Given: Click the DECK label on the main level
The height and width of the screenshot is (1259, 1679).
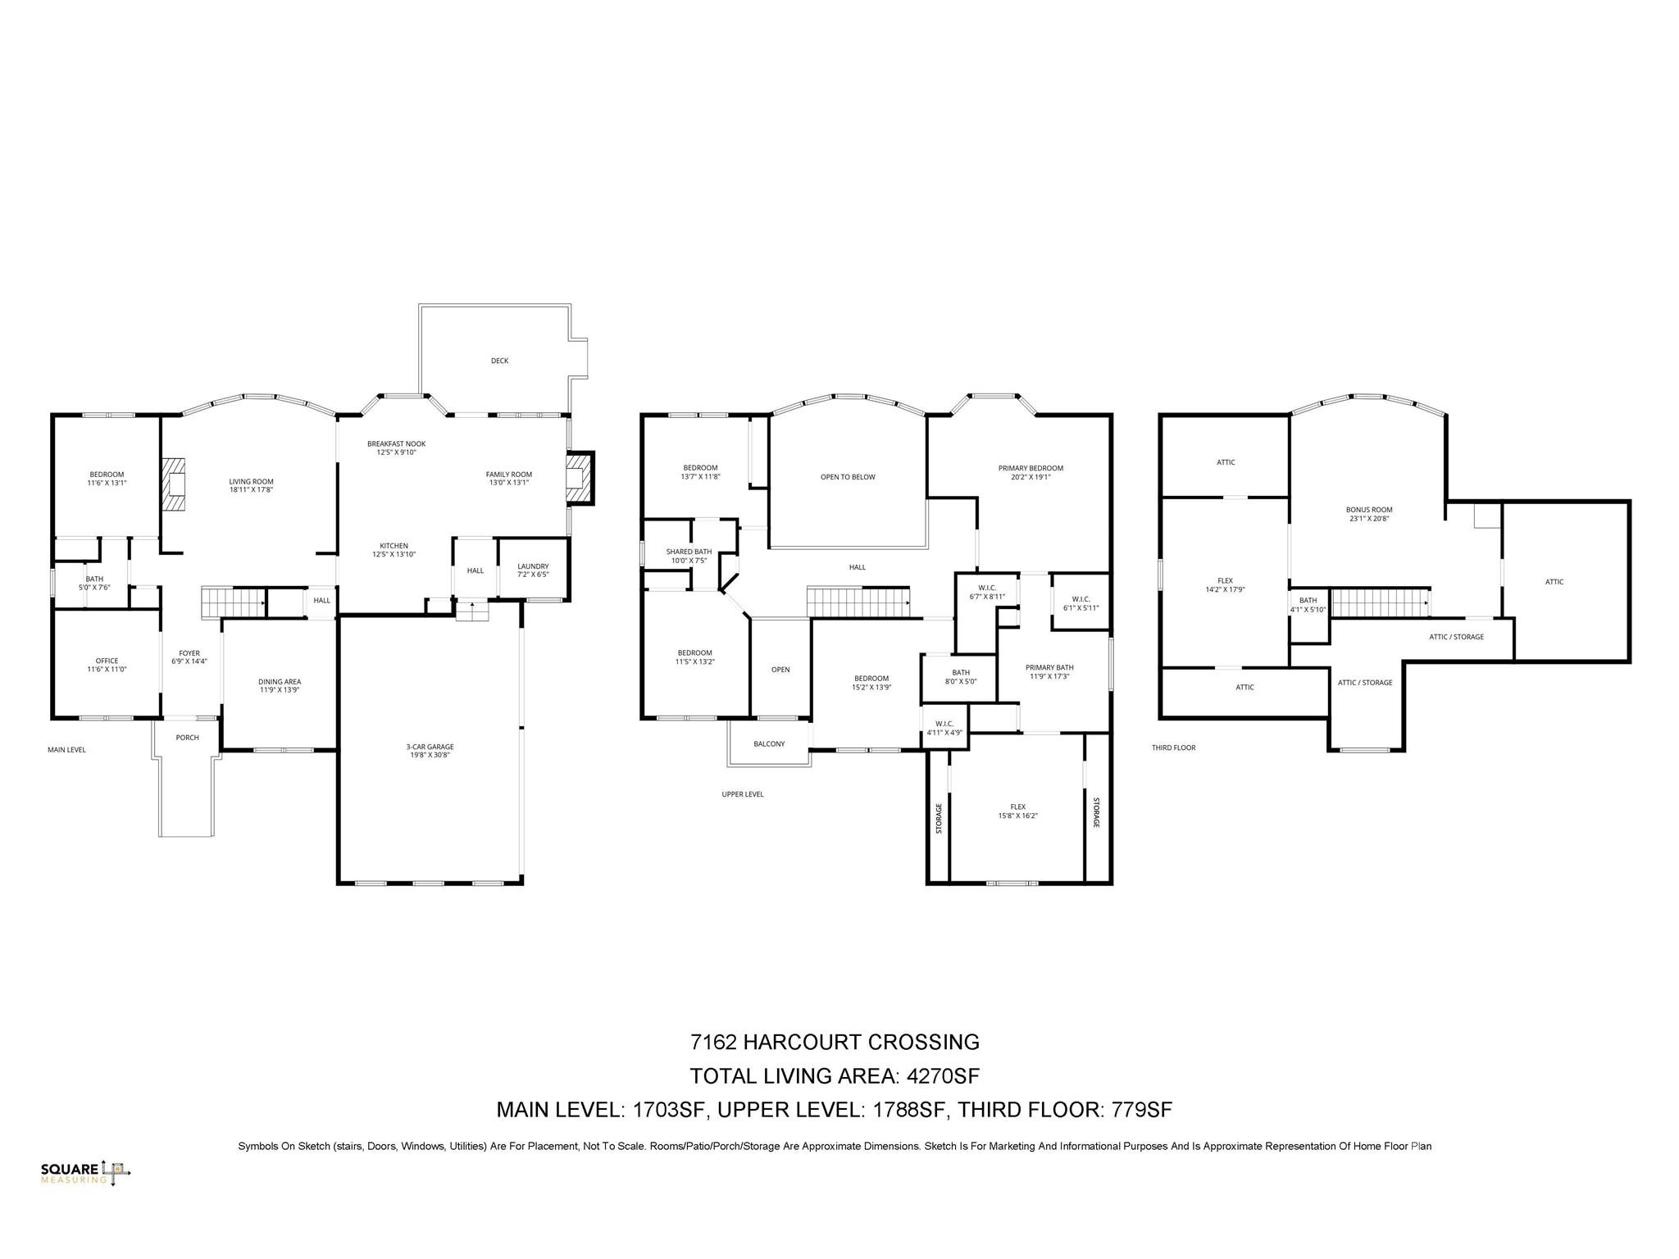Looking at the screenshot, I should pos(499,361).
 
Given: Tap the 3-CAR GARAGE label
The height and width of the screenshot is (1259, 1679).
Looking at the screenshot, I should pos(430,747).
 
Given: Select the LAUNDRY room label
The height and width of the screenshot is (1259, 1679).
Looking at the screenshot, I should pos(533,566).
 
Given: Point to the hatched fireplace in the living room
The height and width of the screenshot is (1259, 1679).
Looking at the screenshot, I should pos(173,484).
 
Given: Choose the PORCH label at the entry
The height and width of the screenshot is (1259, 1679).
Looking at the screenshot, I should pos(187,738).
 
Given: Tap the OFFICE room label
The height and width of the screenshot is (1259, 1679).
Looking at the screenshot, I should pos(107,661).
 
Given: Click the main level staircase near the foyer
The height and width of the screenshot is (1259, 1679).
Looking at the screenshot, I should pos(234,602).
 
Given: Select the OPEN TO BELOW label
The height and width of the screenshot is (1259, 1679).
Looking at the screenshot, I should pos(848,477).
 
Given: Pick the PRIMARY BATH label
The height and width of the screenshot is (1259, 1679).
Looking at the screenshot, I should pos(1049,667).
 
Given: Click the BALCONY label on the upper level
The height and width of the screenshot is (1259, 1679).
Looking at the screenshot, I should pos(769,744).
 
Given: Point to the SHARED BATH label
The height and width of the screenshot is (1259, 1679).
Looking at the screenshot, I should pos(689,552).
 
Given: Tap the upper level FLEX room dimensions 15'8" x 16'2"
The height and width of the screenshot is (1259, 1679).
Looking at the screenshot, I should pos(1017,816).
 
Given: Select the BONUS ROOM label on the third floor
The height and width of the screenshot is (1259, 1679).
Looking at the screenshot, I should pos(1368,510).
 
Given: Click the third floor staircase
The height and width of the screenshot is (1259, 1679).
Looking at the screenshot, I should pos(1380,602).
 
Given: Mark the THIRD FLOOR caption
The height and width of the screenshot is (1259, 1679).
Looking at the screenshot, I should pos(1173,748).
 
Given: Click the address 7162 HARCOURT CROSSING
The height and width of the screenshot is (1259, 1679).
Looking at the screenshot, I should pos(835,1042).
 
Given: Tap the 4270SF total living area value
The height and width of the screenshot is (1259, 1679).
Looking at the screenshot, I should pos(945,1075).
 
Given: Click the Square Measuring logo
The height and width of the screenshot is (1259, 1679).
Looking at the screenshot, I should pos(85,1173).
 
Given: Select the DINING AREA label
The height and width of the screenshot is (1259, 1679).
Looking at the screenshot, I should pos(280,681).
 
